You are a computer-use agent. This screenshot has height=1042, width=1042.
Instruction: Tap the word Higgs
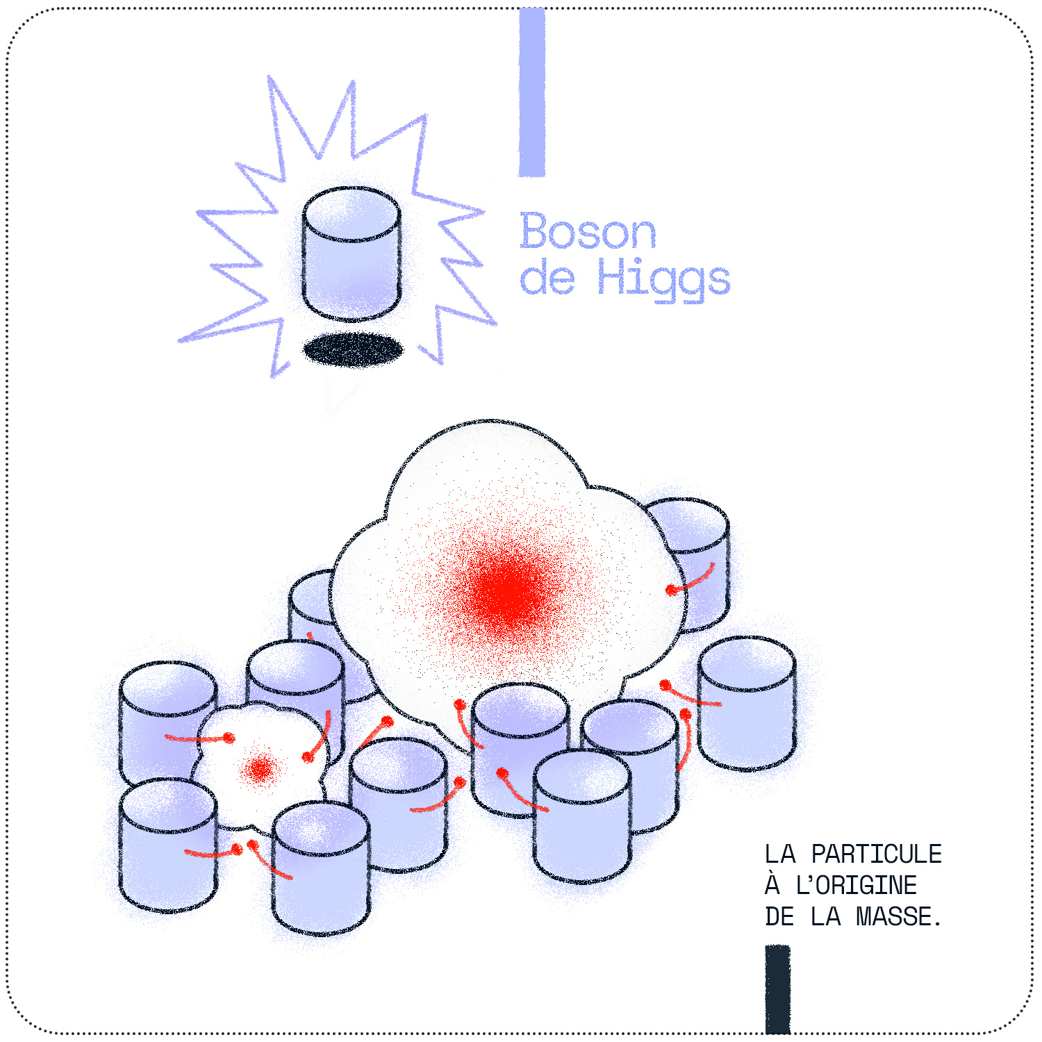663,279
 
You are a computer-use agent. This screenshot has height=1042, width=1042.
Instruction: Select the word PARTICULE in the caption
876,854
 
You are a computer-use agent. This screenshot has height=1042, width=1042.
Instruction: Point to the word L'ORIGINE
856,886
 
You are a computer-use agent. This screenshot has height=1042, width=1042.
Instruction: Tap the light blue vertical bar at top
532,90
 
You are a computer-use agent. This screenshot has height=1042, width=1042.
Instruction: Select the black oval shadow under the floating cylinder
354,349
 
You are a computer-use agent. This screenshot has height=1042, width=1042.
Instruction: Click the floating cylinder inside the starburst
352,254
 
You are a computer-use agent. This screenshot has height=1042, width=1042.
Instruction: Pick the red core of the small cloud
260,768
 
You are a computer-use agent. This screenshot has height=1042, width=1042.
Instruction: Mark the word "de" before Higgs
547,279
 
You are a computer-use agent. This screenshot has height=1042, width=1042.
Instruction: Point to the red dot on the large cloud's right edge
670,590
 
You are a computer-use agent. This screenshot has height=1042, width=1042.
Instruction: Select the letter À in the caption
772,884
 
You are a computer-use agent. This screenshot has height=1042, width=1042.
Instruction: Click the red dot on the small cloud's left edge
228,738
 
